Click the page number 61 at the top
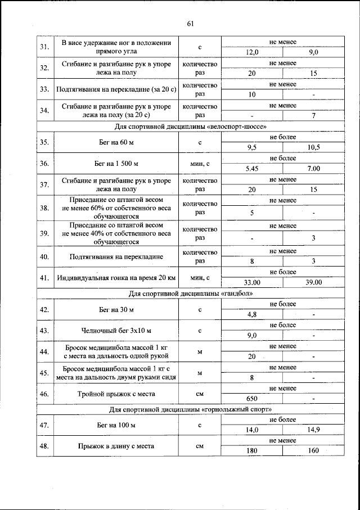pyautogui.click(x=190, y=24)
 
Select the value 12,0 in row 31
pyautogui.click(x=252, y=52)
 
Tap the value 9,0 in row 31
pyautogui.click(x=313, y=52)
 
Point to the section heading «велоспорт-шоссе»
pyautogui.click(x=190, y=126)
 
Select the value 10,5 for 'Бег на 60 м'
pyautogui.click(x=313, y=147)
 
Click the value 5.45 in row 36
pyautogui.click(x=252, y=169)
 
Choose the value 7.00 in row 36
pyautogui.click(x=313, y=169)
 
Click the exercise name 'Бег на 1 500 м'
pyautogui.click(x=116, y=164)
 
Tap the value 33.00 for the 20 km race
pyautogui.click(x=252, y=282)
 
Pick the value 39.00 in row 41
pyautogui.click(x=313, y=282)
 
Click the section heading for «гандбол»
pyautogui.click(x=190, y=293)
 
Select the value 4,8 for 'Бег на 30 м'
pyautogui.click(x=252, y=314)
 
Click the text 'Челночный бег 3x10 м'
pyautogui.click(x=116, y=331)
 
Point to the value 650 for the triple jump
pyautogui.click(x=252, y=399)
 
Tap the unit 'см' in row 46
pyautogui.click(x=199, y=394)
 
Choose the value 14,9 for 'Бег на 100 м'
pyautogui.click(x=313, y=430)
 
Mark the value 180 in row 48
pyautogui.click(x=252, y=451)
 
